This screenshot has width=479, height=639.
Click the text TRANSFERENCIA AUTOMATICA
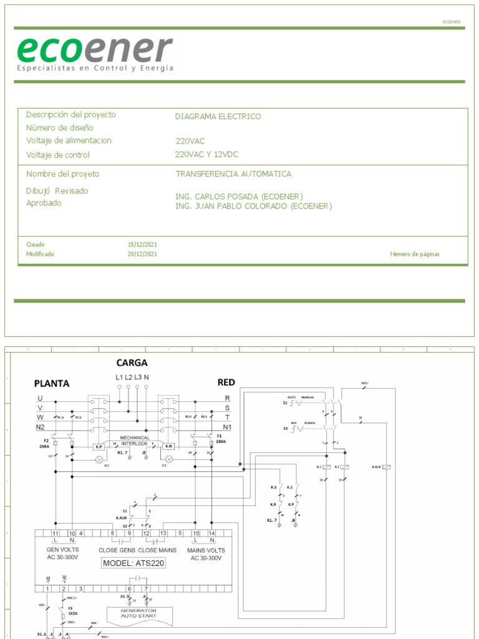click(233, 174)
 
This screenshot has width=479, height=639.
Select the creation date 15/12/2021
click(142, 245)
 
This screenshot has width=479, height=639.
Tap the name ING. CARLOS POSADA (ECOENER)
click(239, 196)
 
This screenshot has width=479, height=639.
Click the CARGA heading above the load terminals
click(132, 363)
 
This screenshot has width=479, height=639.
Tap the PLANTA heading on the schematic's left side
click(51, 383)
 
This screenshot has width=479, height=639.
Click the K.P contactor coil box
click(99, 447)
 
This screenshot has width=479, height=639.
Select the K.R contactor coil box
click(168, 447)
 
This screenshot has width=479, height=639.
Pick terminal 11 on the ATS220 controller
click(56, 533)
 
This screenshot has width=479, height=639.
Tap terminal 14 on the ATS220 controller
click(213, 533)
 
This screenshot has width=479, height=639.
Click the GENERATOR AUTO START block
click(138, 613)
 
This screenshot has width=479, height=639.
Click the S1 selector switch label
click(285, 403)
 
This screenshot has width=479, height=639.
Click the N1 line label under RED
click(227, 427)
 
